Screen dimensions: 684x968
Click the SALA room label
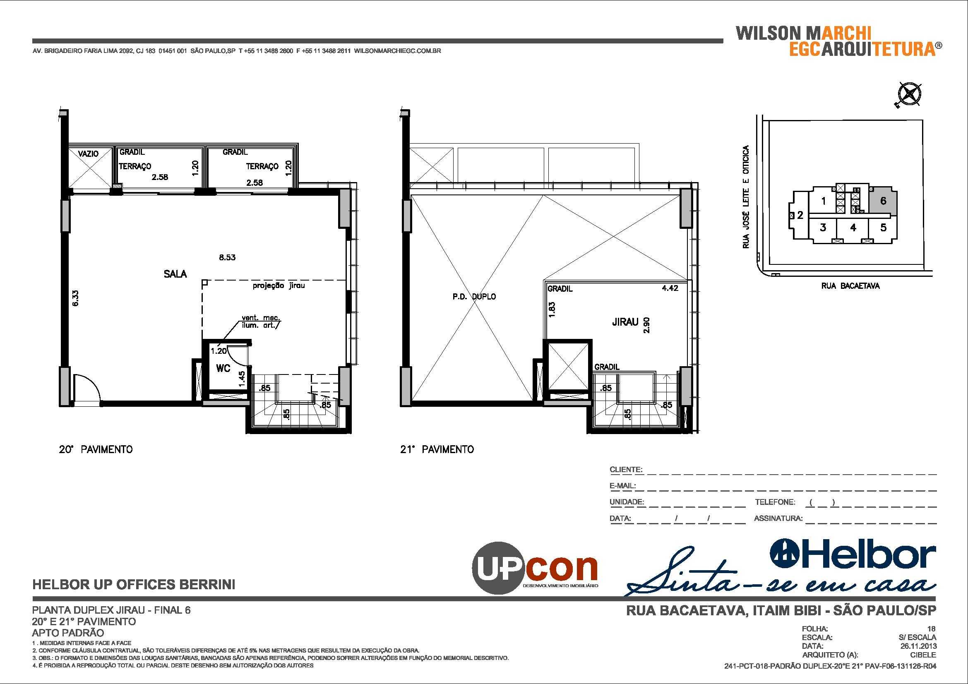coord(175,274)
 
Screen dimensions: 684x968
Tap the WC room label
coord(223,368)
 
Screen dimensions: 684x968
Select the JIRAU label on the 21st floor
coord(625,322)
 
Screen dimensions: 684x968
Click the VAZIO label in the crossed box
coord(89,154)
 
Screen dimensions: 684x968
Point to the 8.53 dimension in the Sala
coord(227,257)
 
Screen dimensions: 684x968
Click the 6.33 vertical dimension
coord(75,298)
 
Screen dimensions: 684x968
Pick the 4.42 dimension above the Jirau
coord(670,288)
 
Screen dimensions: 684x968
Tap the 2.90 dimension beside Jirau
coord(647,325)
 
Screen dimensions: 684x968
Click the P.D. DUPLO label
coord(474,297)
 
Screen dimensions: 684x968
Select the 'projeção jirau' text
coord(278,286)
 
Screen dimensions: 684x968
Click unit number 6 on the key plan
coord(883,201)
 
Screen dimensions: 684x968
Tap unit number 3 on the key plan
coord(823,228)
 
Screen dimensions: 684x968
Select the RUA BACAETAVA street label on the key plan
coord(850,286)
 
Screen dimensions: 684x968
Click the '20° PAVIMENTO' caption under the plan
coord(96,450)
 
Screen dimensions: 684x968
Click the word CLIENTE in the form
coord(626,470)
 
